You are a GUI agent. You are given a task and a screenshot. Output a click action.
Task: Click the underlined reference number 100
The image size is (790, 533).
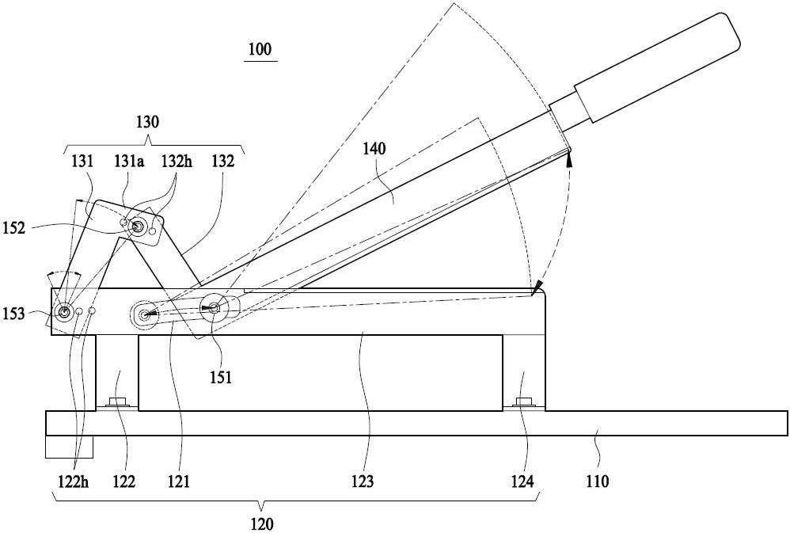pyautogui.click(x=260, y=49)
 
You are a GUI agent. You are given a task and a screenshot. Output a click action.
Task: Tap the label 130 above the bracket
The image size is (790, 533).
pyautogui.click(x=147, y=122)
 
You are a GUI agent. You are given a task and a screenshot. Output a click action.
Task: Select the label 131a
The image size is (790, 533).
pyautogui.click(x=129, y=162)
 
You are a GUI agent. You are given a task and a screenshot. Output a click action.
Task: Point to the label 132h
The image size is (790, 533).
pyautogui.click(x=177, y=162)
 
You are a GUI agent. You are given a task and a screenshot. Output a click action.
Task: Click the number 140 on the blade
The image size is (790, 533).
pyautogui.click(x=374, y=149)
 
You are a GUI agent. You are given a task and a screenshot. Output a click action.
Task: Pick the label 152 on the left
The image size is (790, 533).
pyautogui.click(x=13, y=227)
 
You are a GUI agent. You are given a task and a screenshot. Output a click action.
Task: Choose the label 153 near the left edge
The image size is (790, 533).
pyautogui.click(x=13, y=314)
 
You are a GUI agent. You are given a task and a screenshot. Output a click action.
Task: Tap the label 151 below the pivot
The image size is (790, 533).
pyautogui.click(x=221, y=377)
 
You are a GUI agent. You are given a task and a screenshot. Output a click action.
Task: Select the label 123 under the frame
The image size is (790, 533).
pyautogui.click(x=363, y=482)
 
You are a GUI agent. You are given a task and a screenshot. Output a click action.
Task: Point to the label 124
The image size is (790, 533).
pyautogui.click(x=522, y=482)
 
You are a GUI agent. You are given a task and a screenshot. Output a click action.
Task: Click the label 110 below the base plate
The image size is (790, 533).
pyautogui.click(x=597, y=482)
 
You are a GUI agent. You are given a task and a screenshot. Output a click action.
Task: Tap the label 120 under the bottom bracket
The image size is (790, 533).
pyautogui.click(x=262, y=524)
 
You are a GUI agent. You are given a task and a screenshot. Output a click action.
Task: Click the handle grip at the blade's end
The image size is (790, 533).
pyautogui.click(x=657, y=67)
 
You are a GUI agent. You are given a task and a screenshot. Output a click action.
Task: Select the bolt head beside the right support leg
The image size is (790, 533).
pyautogui.click(x=525, y=402)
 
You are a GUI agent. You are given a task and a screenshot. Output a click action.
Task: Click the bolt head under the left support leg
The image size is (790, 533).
pyautogui.click(x=117, y=402)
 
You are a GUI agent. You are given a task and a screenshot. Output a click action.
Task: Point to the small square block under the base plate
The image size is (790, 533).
pyautogui.click(x=69, y=447)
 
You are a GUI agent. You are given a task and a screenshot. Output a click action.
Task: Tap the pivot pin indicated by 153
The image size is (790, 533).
pyautogui.click(x=64, y=313)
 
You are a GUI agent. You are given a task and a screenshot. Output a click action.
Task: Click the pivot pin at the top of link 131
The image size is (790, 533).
pyautogui.click(x=136, y=227)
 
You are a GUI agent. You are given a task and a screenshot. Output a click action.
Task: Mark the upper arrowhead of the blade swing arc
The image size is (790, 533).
pyautogui.click(x=569, y=160)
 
